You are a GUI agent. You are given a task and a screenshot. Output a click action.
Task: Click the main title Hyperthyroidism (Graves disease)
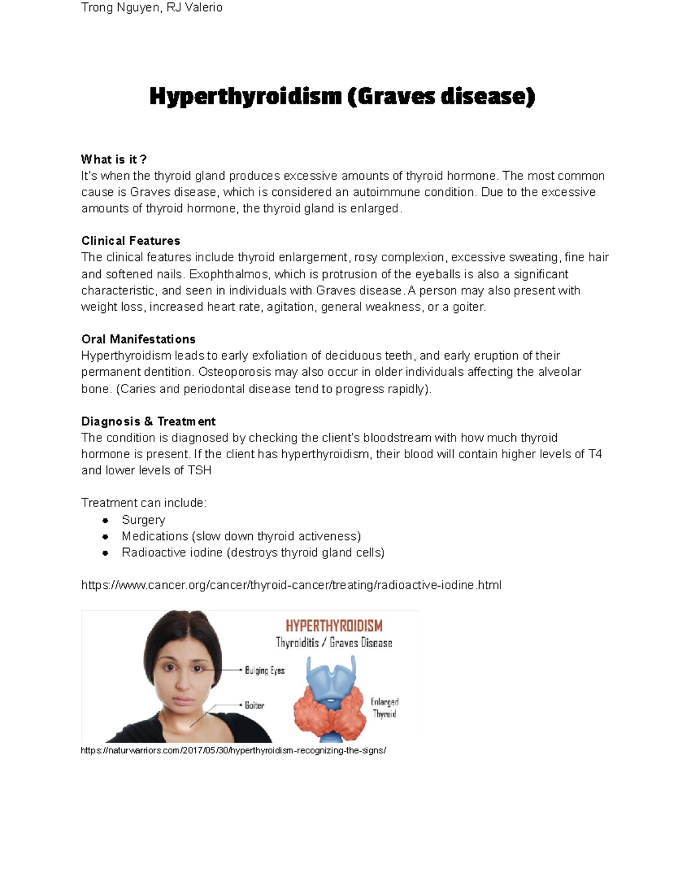click(x=342, y=96)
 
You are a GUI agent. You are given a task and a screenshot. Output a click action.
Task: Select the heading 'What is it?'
click(x=114, y=159)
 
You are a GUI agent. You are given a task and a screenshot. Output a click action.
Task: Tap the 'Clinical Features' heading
click(x=131, y=241)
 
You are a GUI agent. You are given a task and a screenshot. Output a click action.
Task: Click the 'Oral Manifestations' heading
click(x=138, y=339)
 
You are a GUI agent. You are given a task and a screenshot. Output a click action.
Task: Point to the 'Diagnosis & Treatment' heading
click(x=149, y=421)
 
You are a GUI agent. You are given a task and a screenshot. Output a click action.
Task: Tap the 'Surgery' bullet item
click(x=143, y=520)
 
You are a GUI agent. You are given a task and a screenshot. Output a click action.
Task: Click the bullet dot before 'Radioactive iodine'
click(x=105, y=553)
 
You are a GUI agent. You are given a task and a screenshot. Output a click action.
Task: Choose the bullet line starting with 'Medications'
click(x=241, y=536)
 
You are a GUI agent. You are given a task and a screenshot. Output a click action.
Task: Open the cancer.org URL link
click(x=291, y=585)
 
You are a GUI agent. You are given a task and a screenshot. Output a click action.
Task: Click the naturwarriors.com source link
click(x=233, y=750)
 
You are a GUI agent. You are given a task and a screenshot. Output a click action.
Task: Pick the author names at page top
click(x=151, y=7)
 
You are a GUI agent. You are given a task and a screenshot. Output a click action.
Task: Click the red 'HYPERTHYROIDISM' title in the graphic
click(x=334, y=626)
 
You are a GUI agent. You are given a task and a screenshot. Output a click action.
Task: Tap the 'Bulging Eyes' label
click(x=264, y=670)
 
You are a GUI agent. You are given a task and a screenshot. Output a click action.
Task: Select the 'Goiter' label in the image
click(x=254, y=705)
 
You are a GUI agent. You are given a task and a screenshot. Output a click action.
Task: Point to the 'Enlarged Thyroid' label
click(x=384, y=708)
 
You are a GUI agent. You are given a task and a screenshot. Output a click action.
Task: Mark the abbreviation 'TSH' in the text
click(x=199, y=470)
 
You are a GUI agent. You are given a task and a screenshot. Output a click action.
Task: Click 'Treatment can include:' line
click(x=143, y=503)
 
